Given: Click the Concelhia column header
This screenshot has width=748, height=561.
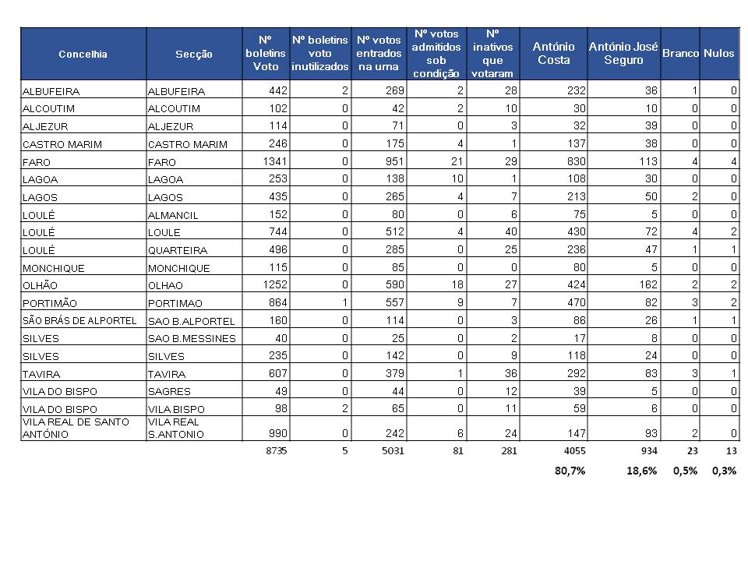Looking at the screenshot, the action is (83, 54).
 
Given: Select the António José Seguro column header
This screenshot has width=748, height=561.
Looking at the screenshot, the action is (623, 53).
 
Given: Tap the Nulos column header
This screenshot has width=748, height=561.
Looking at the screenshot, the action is (718, 53).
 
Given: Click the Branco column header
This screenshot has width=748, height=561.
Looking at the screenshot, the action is (680, 53).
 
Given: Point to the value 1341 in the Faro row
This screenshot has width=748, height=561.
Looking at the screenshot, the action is (275, 161).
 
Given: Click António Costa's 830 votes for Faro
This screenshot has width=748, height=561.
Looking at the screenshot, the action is (577, 161).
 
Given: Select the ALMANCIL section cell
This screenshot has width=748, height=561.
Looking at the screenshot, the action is (173, 215).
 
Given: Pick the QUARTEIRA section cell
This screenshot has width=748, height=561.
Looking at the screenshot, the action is (178, 250).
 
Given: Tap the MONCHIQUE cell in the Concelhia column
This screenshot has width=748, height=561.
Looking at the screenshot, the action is (54, 268).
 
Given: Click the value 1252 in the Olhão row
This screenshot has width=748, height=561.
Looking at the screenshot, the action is (275, 285).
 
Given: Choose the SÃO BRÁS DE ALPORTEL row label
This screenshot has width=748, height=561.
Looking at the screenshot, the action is (79, 320).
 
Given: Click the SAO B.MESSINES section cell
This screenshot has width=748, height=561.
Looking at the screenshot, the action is (192, 339).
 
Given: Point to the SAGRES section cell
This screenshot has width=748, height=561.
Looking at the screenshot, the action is (169, 392).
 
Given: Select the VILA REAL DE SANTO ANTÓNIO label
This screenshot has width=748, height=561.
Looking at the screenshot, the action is (76, 428).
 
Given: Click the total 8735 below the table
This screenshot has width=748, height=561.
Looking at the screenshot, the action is (276, 451).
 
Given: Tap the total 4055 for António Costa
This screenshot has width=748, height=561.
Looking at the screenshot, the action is (575, 451).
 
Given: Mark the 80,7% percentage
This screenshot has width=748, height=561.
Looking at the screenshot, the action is (570, 471).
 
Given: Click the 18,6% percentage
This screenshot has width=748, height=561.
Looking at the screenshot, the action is (641, 471).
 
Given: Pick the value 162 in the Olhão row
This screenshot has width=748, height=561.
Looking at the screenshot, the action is (648, 285).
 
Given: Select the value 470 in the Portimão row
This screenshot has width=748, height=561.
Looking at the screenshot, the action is (577, 302).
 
